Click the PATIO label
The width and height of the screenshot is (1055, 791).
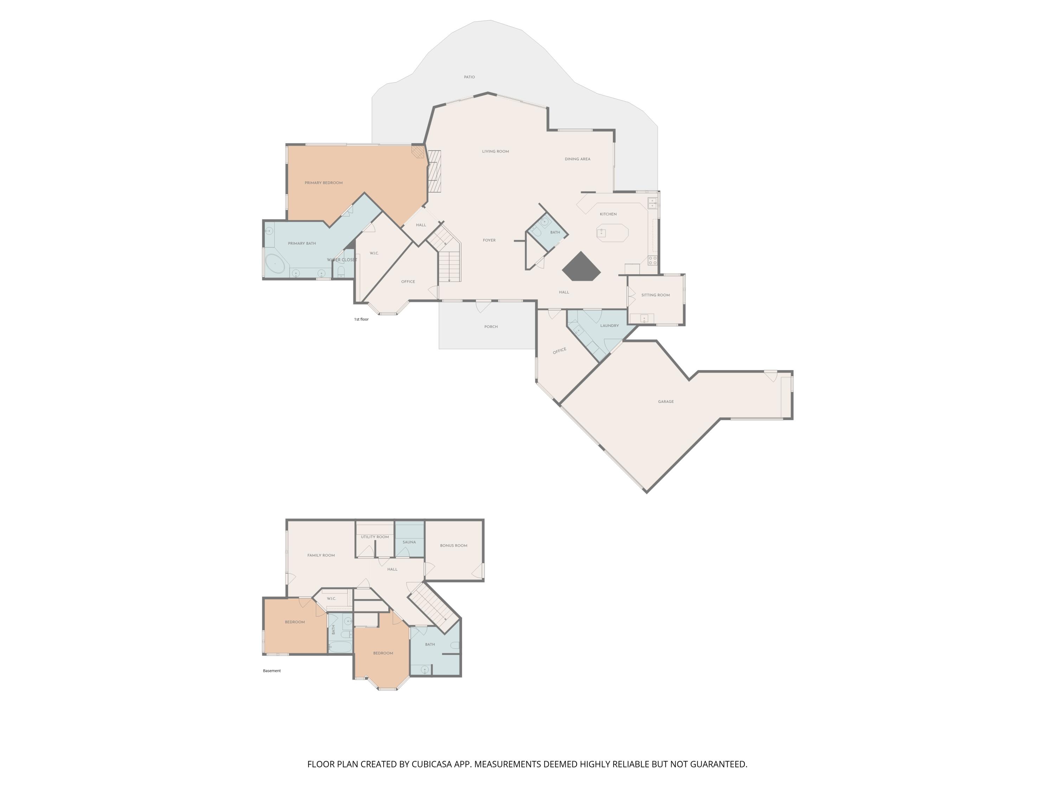(x=469, y=77)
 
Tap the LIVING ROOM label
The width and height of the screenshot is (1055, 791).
(x=495, y=152)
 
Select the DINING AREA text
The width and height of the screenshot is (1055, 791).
(x=577, y=159)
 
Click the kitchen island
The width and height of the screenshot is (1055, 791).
(x=612, y=233)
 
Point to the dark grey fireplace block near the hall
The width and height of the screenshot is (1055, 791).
(x=581, y=266)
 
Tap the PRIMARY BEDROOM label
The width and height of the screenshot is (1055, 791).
(x=324, y=182)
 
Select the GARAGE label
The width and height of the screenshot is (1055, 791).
(x=666, y=401)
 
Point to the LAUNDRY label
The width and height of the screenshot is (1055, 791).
(x=609, y=326)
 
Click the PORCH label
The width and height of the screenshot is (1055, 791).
(x=491, y=327)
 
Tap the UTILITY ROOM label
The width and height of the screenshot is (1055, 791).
(x=375, y=537)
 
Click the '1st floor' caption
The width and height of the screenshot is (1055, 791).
(x=361, y=320)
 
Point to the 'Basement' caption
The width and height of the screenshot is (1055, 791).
(x=272, y=671)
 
